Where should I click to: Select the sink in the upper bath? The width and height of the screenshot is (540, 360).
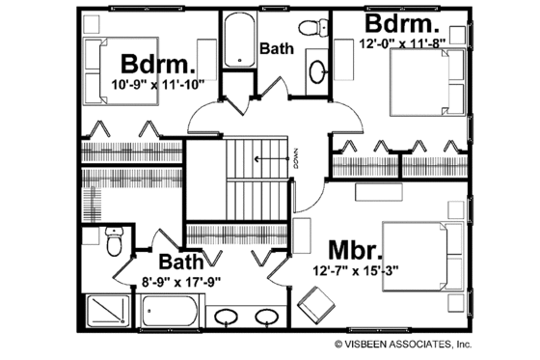click(319, 69)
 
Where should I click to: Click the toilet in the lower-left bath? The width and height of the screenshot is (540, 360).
click(113, 243)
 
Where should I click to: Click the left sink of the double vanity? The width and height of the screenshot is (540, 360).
click(228, 318)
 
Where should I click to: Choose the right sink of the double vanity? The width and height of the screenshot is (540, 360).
click(267, 318)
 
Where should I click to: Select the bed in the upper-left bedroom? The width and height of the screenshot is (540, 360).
click(98, 64)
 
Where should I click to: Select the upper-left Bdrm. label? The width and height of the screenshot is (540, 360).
click(159, 65)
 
